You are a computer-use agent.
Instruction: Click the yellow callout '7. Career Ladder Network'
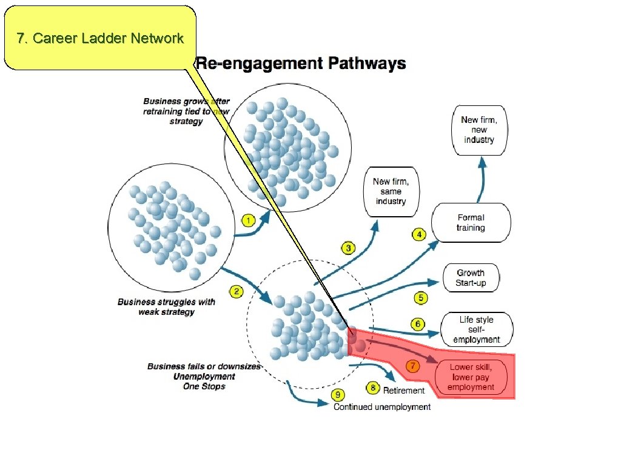click(100, 38)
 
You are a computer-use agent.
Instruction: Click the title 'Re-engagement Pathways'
click(301, 64)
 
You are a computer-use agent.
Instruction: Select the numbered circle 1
click(247, 220)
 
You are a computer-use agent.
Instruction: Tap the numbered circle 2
click(237, 292)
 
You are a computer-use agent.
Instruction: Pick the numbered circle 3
click(348, 248)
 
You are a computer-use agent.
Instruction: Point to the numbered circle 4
click(418, 234)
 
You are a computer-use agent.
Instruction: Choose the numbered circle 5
click(421, 298)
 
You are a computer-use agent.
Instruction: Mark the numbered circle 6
click(418, 325)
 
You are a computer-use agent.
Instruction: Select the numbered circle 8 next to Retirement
click(373, 387)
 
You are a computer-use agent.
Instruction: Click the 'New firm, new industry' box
click(479, 130)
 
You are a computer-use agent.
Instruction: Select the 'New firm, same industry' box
click(391, 191)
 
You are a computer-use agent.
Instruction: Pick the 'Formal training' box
click(471, 223)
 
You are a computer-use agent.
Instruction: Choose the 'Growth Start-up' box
click(471, 278)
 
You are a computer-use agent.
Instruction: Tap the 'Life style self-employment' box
click(477, 329)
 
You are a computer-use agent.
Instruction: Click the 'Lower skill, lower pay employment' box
click(471, 377)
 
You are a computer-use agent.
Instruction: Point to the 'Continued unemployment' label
click(382, 407)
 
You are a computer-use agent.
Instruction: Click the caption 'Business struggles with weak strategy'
click(166, 307)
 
